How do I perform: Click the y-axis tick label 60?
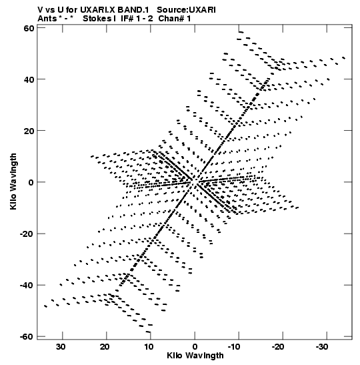29,28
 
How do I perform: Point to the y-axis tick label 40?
29,79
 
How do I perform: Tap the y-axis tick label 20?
29,131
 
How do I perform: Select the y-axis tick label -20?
27,234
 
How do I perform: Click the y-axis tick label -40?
27,286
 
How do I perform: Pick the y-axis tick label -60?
27,337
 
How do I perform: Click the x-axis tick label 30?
61,347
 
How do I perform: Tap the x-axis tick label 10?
149,347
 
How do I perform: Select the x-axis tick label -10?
234,347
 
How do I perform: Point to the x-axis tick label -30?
322,347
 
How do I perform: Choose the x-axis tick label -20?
278,347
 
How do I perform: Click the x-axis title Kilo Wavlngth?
195,356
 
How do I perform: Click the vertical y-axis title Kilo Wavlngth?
13,181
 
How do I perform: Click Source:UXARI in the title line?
186,10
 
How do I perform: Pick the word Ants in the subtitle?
47,19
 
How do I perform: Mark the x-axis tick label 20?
105,347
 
